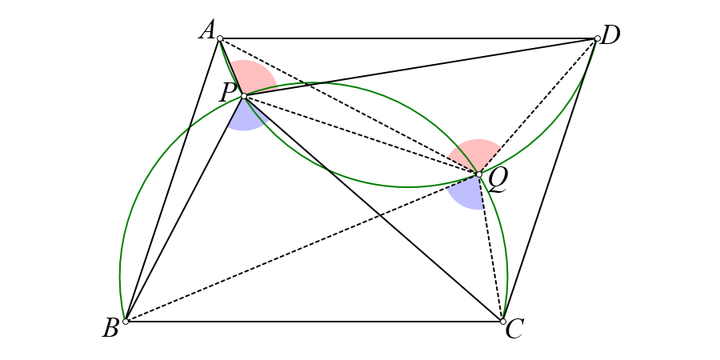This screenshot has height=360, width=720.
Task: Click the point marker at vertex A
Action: [x=219, y=38]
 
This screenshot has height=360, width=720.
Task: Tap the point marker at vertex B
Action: [x=126, y=321]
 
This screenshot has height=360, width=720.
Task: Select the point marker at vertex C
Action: [x=503, y=321]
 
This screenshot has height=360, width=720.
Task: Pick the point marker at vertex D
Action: [x=597, y=38]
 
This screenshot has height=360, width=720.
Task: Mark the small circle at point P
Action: [x=244, y=96]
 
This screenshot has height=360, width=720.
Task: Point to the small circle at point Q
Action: [x=479, y=174]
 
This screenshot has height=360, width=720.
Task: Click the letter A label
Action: [x=207, y=32]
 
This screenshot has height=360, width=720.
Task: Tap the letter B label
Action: [x=111, y=329]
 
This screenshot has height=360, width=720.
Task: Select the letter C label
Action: [x=514, y=330]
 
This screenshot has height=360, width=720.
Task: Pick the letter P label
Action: [x=228, y=94]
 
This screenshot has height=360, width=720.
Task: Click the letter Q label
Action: [x=498, y=183]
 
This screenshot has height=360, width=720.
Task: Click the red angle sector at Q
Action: [x=476, y=155]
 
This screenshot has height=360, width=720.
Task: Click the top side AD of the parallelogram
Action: [x=408, y=38]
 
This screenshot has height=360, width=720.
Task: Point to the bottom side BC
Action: [x=314, y=321]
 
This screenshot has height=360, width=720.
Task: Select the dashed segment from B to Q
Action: [x=303, y=248]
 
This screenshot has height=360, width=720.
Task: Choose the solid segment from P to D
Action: [x=420, y=67]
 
